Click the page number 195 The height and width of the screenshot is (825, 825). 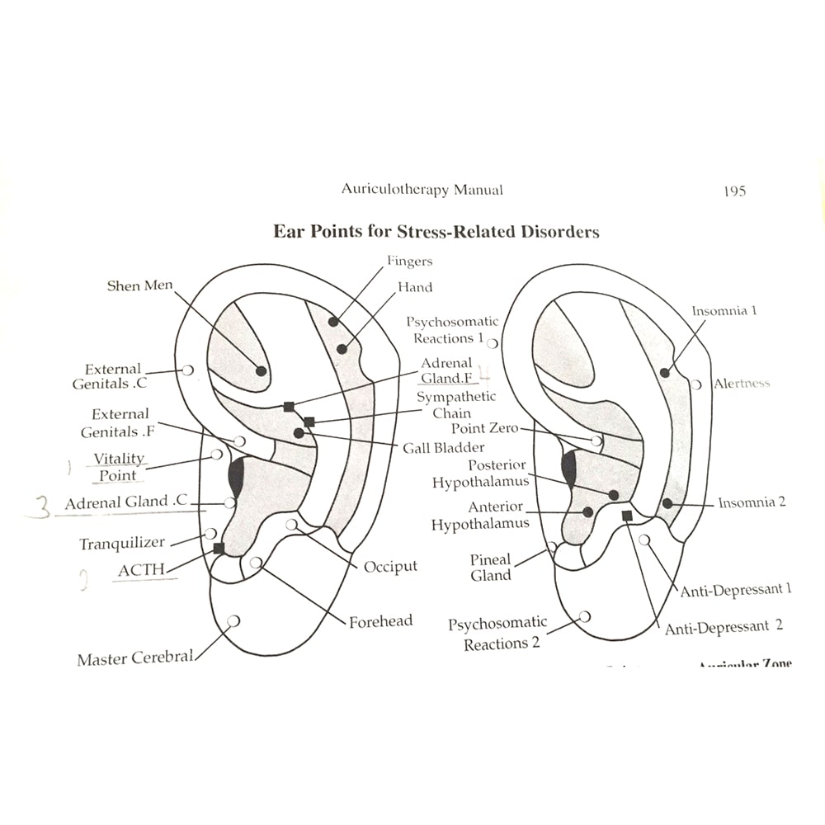[734, 191]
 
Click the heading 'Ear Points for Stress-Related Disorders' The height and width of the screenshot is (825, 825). [436, 231]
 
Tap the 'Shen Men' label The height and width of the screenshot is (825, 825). [141, 285]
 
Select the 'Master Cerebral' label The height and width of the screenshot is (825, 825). [135, 659]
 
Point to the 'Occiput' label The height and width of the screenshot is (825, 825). [390, 567]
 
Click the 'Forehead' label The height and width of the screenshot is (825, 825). [380, 621]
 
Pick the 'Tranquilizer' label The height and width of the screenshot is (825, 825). [122, 544]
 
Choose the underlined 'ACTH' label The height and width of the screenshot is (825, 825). [141, 570]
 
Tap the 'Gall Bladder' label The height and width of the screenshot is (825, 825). [444, 448]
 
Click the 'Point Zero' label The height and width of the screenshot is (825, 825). [485, 429]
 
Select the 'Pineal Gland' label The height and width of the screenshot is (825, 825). [491, 568]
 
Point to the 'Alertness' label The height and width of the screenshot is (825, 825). [742, 384]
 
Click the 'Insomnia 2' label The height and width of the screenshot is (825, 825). [752, 502]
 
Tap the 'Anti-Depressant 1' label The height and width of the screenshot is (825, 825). [736, 590]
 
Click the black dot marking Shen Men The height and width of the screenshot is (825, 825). [261, 371]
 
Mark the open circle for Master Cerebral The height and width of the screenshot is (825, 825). [233, 620]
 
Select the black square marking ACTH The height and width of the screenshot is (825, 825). [219, 548]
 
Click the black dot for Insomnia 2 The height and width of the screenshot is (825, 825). [667, 503]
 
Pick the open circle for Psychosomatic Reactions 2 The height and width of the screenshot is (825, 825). [585, 616]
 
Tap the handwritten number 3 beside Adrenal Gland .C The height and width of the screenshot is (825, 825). [36, 507]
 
